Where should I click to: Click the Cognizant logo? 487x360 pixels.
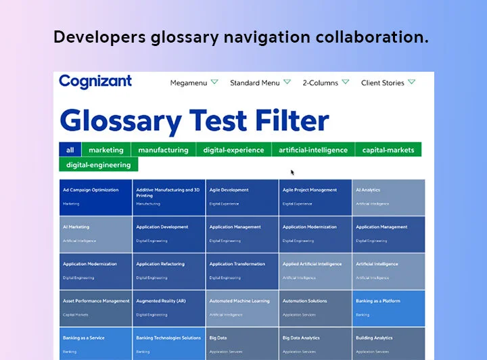click(95, 82)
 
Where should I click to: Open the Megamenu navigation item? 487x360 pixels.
click(188, 83)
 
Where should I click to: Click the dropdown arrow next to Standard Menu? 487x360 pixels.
click(287, 82)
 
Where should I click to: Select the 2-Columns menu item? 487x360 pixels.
click(320, 83)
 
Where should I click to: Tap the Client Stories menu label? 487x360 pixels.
click(382, 83)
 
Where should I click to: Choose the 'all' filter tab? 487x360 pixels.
click(70, 150)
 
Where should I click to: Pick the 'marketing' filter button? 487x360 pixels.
click(106, 150)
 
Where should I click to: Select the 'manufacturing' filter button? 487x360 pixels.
click(163, 150)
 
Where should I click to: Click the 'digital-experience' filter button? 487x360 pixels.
click(233, 150)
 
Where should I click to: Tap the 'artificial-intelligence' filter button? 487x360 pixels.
click(313, 150)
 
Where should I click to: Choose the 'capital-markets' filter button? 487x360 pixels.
click(388, 150)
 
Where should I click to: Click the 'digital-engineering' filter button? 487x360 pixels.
click(99, 164)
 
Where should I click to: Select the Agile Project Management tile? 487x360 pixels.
click(315, 197)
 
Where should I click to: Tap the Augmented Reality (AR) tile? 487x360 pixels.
click(168, 308)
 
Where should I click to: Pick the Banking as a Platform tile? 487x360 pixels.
click(388, 308)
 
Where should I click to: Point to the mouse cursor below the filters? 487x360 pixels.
click(292, 172)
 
